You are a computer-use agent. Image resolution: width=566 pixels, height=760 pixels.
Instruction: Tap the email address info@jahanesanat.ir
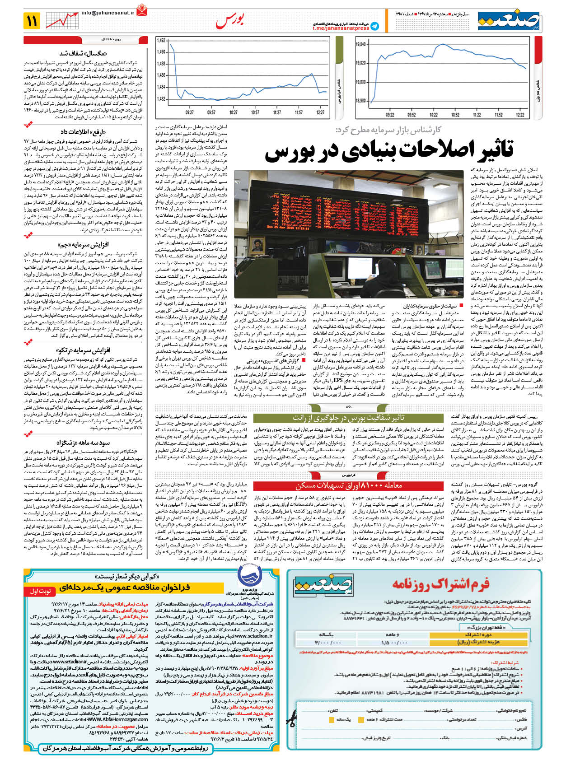click(108, 14)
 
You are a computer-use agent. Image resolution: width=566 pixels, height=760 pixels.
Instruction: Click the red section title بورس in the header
click(230, 21)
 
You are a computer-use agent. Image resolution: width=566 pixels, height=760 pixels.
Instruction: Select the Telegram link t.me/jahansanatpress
click(341, 28)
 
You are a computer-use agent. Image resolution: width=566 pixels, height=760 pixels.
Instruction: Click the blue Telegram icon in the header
click(374, 26)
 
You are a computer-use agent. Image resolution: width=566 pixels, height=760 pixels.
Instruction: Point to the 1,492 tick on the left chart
click(161, 41)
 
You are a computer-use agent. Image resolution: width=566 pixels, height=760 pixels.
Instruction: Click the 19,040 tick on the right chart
click(360, 44)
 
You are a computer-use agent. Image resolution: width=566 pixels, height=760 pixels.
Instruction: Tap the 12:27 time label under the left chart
click(320, 112)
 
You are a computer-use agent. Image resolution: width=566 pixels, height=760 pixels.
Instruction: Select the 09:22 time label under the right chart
click(377, 115)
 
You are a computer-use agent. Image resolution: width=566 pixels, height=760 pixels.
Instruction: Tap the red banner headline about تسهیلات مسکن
click(348, 485)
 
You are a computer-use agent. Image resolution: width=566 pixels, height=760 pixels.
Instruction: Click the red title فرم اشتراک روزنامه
click(440, 584)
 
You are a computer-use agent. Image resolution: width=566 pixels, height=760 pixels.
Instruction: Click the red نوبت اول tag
click(40, 591)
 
